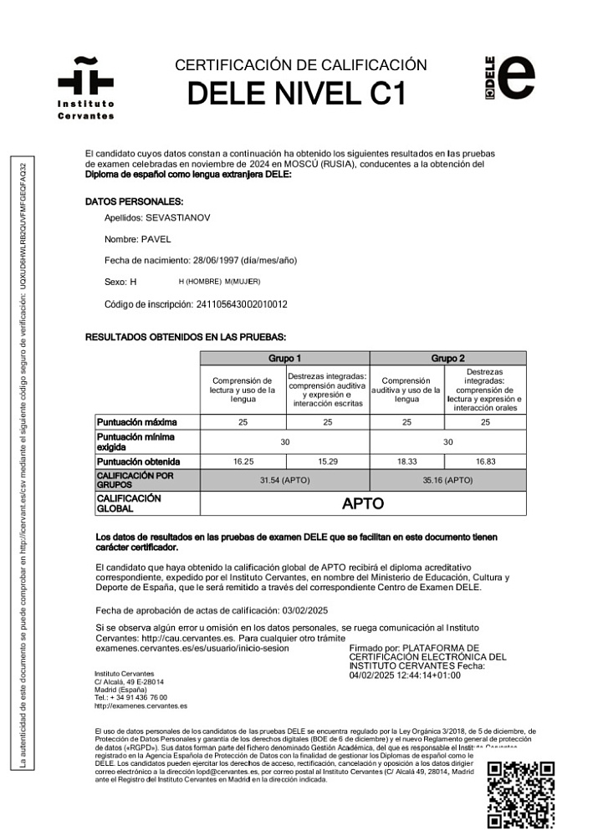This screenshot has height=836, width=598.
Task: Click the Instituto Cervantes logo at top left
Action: (x=85, y=88)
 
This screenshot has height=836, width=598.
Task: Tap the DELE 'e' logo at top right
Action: (x=509, y=79)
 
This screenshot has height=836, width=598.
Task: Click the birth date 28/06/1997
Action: (x=217, y=260)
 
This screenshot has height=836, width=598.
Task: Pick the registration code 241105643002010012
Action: (x=253, y=303)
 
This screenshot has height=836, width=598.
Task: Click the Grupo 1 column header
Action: (x=284, y=358)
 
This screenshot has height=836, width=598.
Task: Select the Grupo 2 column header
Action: (x=447, y=358)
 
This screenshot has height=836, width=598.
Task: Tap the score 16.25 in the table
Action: (x=243, y=461)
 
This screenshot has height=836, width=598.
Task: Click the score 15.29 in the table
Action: (x=327, y=461)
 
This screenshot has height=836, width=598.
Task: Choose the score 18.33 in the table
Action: (x=406, y=461)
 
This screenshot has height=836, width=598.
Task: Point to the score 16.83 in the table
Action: (x=485, y=461)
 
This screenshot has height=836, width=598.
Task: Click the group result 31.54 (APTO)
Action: (x=284, y=480)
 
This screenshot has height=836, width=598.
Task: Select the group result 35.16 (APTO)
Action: (x=447, y=480)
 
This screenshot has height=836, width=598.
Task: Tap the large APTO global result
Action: (x=363, y=503)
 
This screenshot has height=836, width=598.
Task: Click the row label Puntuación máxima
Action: (x=136, y=422)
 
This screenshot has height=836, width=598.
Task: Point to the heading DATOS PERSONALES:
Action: (x=134, y=201)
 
